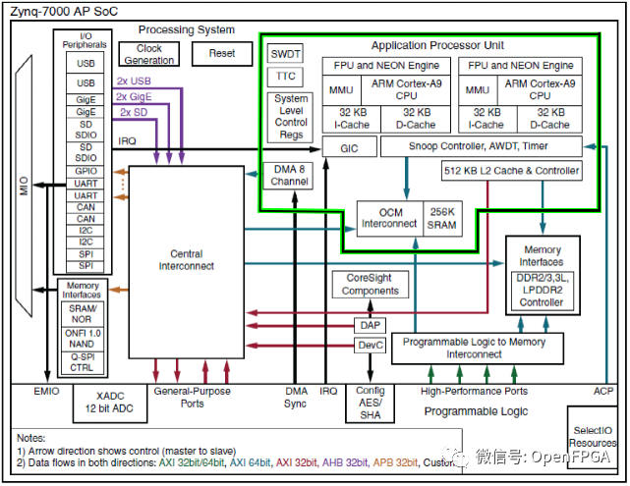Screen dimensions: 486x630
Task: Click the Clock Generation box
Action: click(149, 54)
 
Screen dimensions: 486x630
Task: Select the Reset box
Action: click(222, 54)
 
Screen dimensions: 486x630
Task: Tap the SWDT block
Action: click(286, 53)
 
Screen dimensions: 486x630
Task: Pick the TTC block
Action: click(286, 75)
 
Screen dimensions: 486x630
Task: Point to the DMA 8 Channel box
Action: click(290, 175)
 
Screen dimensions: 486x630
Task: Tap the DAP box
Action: click(371, 325)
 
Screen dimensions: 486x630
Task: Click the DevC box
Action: click(371, 346)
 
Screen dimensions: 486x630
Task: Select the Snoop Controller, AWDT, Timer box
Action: click(480, 145)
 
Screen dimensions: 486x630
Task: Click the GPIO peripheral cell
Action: click(86, 171)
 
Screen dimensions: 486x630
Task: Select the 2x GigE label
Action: click(135, 96)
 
